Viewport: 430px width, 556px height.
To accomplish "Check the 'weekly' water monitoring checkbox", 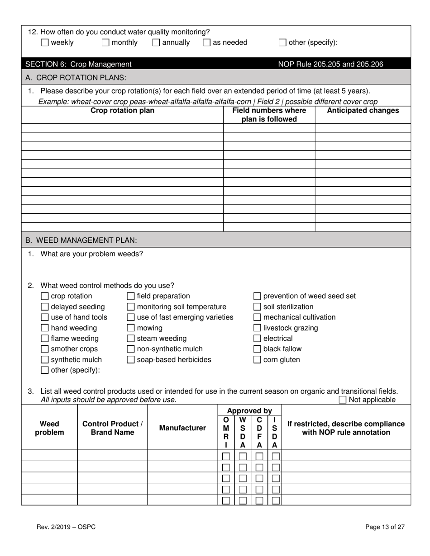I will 45,43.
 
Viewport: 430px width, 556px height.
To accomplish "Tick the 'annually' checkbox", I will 156,43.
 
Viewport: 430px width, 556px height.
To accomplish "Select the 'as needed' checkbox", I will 207,43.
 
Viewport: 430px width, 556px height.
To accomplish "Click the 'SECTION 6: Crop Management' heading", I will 79,64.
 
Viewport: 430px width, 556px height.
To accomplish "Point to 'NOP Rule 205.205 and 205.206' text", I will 330,64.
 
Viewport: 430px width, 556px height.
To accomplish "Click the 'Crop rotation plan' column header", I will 123,111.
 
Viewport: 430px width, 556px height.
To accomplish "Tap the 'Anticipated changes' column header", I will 363,111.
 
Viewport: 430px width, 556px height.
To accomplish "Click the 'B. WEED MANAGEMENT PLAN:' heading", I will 81,240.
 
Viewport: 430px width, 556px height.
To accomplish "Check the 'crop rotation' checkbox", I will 45,297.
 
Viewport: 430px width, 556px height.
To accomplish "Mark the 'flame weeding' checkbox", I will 45,339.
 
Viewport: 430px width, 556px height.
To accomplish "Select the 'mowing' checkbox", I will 131,328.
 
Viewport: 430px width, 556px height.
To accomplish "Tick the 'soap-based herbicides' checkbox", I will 131,360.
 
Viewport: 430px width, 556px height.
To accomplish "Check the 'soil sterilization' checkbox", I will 257,307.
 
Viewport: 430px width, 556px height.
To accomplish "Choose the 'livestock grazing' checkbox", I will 257,328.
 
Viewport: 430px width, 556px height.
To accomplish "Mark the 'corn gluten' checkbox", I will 257,360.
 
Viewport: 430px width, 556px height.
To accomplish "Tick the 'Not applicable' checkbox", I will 343,400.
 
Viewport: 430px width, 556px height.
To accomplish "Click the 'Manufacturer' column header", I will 182,428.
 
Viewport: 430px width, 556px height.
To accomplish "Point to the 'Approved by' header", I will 249,411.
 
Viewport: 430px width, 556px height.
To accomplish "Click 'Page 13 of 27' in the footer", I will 385,527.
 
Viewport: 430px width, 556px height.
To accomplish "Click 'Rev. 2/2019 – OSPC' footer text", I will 67,527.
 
